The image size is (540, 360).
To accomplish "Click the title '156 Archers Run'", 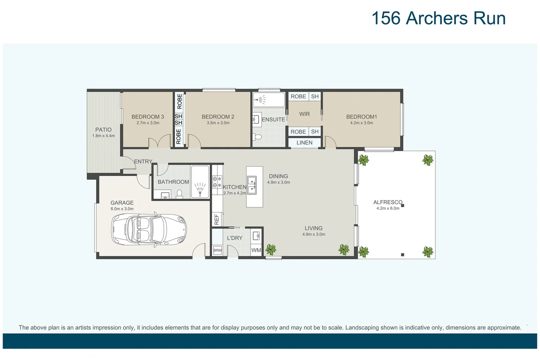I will [x=438, y=18].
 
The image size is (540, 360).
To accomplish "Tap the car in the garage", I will [x=149, y=229].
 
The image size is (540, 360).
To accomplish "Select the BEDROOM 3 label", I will [x=148, y=117].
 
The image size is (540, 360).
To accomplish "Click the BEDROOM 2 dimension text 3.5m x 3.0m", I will [x=218, y=123].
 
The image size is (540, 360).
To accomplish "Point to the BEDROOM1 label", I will [x=361, y=117].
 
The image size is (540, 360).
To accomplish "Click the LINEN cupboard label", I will [x=304, y=143].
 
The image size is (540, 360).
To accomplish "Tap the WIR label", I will [x=304, y=114].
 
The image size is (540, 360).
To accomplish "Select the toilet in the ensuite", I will [x=257, y=137].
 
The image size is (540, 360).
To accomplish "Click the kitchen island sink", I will [x=252, y=185].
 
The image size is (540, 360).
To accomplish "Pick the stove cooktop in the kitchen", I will [x=217, y=182].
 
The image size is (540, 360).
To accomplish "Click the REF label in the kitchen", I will [x=217, y=219].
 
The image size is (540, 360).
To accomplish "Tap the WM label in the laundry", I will [x=256, y=250].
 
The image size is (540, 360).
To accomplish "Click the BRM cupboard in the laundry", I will [x=217, y=250].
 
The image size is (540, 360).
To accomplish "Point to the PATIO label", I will [x=103, y=130].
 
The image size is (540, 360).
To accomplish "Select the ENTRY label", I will [x=143, y=162].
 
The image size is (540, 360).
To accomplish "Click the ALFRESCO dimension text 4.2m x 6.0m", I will [x=388, y=208].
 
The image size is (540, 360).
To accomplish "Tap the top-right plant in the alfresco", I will [x=428, y=160].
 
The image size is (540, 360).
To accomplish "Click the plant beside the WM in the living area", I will [x=271, y=249].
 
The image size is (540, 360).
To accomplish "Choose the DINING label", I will [x=278, y=176].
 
